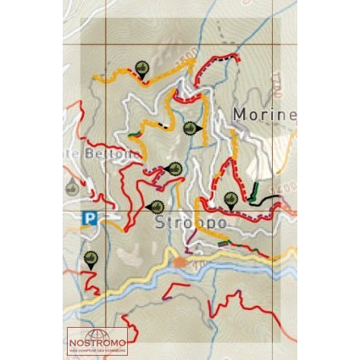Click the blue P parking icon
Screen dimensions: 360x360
(x=89, y=219)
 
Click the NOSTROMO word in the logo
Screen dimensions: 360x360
(x=97, y=342)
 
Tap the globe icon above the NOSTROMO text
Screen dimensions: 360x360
(x=97, y=333)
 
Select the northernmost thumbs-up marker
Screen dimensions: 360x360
(x=141, y=69)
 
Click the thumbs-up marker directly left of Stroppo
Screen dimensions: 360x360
(x=156, y=206)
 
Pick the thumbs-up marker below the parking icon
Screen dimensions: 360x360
(x=91, y=258)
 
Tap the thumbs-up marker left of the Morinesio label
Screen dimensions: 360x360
(x=191, y=129)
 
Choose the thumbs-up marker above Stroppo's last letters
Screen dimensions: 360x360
(x=230, y=200)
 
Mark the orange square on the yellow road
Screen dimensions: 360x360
(x=180, y=263)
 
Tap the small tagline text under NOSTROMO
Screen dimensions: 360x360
(x=97, y=350)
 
